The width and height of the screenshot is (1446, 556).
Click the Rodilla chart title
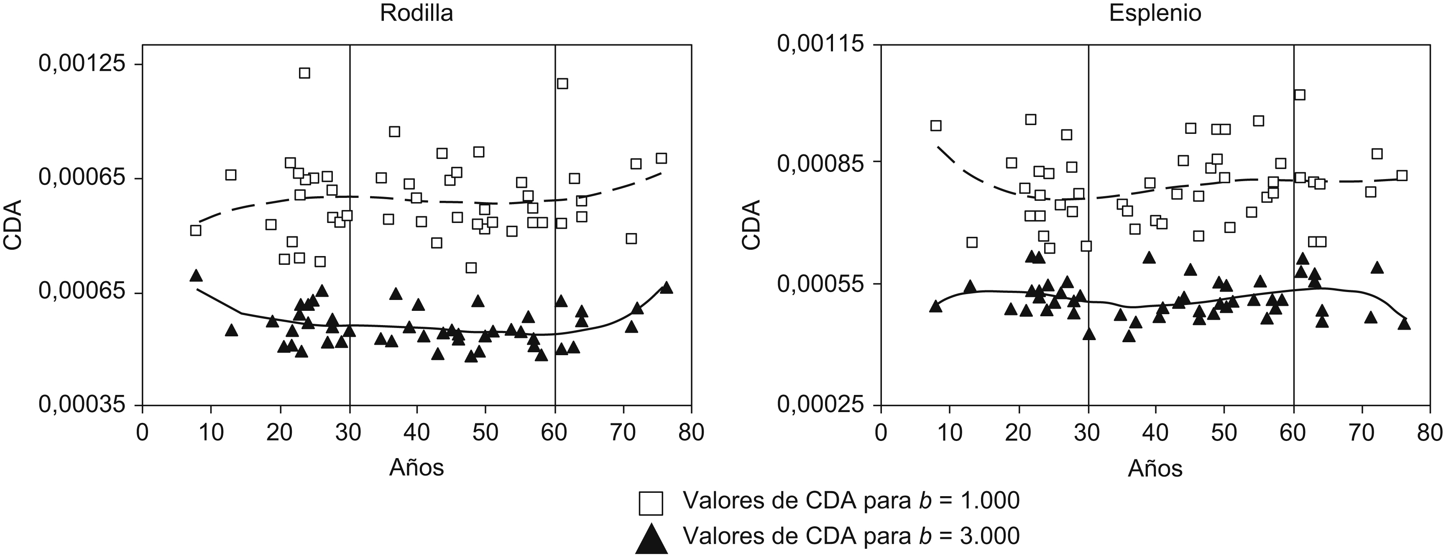tap(416, 13)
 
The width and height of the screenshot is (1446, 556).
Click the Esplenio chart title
tap(1155, 13)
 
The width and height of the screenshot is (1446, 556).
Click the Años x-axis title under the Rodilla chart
tap(416, 467)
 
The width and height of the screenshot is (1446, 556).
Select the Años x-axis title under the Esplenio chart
tap(1155, 467)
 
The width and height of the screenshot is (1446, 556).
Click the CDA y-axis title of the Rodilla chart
tap(13, 225)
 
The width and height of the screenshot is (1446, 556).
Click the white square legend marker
tap(651, 503)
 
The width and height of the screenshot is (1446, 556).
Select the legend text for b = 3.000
tap(851, 537)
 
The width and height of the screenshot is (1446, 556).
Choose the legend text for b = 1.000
tap(851, 500)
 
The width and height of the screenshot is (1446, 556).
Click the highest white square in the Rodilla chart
tap(305, 73)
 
